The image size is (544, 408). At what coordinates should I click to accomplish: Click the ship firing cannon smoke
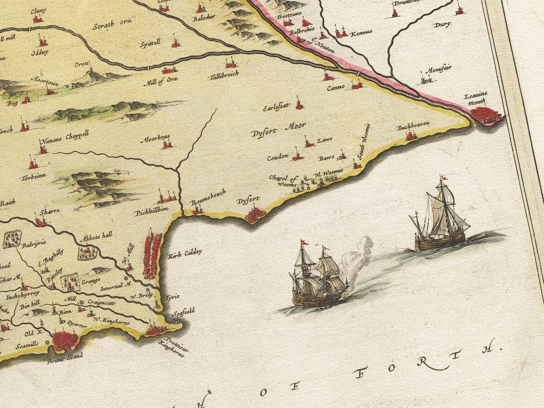coord(319,277)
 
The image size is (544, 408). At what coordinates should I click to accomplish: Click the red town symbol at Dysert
coord(255,214)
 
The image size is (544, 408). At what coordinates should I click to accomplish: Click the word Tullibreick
coord(223,74)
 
